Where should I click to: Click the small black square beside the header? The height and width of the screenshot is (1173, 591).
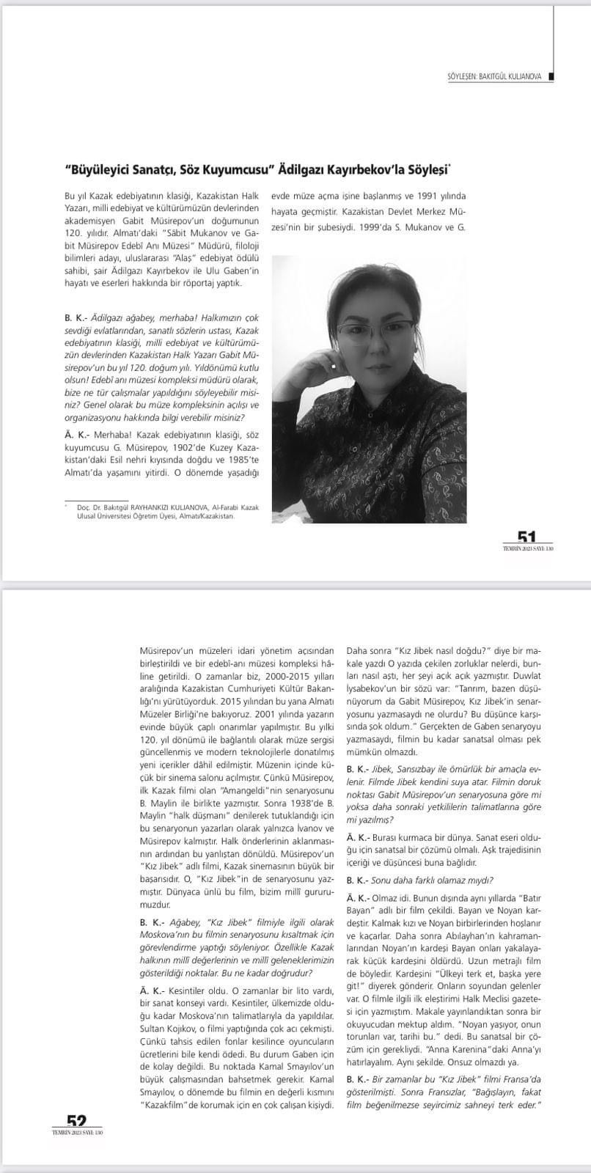551,76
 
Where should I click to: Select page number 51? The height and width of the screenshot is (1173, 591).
526,539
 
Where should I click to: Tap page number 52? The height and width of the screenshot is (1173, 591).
76,1121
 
